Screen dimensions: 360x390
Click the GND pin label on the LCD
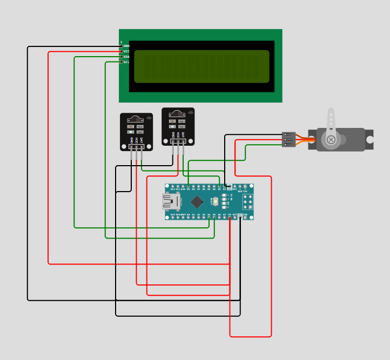click(x=126, y=46)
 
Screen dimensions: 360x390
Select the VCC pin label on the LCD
click(x=126, y=52)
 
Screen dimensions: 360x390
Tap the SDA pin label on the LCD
click(x=126, y=57)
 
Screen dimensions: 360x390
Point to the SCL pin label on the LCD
click(x=126, y=62)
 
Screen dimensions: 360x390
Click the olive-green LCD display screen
click(x=201, y=66)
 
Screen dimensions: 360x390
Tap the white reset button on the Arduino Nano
click(x=216, y=201)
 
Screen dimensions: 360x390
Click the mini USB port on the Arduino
click(x=170, y=201)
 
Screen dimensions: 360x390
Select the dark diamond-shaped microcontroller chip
click(x=197, y=202)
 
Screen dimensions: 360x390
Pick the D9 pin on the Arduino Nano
click(x=188, y=187)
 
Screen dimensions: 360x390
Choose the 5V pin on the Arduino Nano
click(x=230, y=218)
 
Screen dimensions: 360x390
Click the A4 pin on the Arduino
click(x=209, y=218)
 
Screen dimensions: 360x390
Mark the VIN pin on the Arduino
click(x=245, y=218)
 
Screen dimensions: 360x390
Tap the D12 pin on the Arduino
click(x=172, y=187)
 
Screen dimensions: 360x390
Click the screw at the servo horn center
click(x=331, y=140)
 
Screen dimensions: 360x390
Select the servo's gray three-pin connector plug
click(x=289, y=139)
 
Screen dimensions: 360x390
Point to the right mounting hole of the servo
click(x=370, y=140)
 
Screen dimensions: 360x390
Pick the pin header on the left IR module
click(x=136, y=147)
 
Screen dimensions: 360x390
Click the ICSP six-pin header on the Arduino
click(x=248, y=202)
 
